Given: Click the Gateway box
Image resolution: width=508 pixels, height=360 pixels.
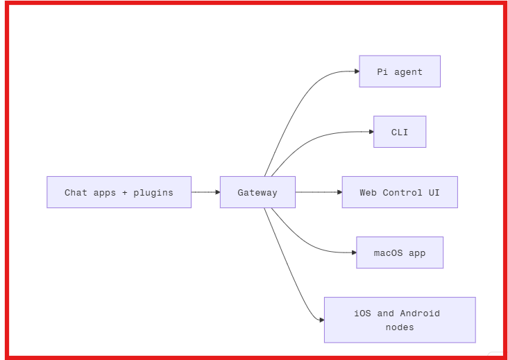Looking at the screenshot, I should (257, 192).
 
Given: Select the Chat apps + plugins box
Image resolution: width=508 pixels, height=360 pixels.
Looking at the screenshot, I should (119, 192).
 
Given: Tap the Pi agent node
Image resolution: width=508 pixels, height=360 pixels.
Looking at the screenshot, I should (399, 71).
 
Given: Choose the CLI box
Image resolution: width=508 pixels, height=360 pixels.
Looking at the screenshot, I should (399, 132).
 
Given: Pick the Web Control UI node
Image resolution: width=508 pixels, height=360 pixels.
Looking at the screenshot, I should (399, 192).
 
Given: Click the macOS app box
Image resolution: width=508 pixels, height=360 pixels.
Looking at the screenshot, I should (399, 252).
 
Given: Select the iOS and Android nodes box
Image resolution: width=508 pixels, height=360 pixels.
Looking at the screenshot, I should (399, 320).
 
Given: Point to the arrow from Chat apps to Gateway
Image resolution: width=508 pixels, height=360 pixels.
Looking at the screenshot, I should (205, 192).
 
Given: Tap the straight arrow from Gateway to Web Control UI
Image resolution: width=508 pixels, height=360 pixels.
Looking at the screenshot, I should (318, 192).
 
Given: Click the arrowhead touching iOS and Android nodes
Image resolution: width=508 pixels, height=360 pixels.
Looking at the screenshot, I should (321, 320).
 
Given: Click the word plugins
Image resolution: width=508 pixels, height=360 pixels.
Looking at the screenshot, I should (153, 193).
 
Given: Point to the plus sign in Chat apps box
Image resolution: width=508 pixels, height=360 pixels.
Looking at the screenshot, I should (125, 193).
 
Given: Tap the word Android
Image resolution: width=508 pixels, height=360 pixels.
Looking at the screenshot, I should (420, 314).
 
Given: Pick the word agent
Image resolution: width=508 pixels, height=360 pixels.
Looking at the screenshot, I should (408, 72).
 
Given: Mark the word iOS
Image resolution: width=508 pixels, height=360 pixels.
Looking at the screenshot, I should (362, 314).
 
